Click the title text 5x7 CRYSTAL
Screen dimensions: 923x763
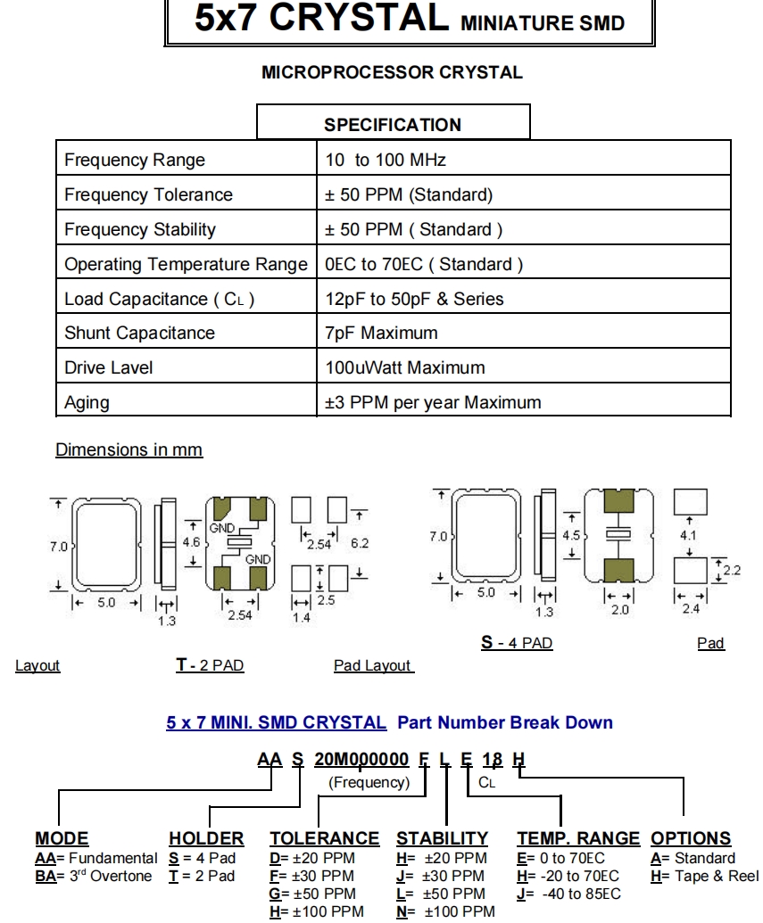coord(322,21)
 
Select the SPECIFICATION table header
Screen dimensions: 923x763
coord(393,125)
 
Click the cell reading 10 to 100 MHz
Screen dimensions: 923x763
coord(386,161)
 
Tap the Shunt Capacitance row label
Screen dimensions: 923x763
coord(139,334)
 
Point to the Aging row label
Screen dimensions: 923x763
coord(87,402)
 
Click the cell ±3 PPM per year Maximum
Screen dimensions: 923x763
coord(433,402)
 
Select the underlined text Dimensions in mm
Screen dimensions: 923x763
coord(129,450)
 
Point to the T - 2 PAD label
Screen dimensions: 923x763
coord(210,665)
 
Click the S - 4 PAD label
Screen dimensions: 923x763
coord(517,643)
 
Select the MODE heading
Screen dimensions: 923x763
coord(62,838)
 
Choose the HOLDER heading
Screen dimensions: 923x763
coord(206,838)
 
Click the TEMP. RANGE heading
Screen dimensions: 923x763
coord(578,838)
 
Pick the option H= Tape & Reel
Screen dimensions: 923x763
coord(705,875)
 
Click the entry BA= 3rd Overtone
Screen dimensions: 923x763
coord(93,875)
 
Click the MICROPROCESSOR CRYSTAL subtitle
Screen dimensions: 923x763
coord(392,73)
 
